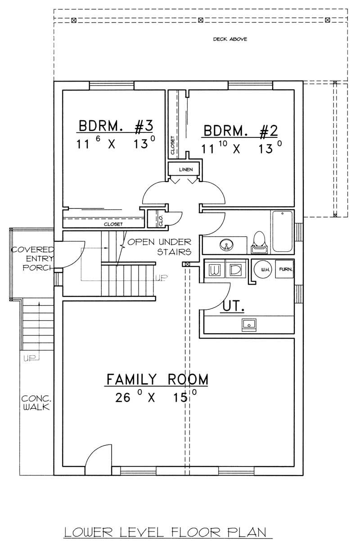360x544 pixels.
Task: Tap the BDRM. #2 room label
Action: [241, 131]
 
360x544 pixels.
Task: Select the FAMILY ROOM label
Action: [157, 379]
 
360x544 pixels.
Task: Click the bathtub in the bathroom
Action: [282, 231]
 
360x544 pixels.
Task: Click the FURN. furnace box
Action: [284, 269]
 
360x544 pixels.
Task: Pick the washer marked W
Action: [214, 270]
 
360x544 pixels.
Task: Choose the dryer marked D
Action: [235, 270]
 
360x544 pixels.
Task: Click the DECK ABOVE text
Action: [230, 39]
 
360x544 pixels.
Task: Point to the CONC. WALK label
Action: [36, 403]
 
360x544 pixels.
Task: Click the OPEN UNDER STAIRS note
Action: [160, 246]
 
